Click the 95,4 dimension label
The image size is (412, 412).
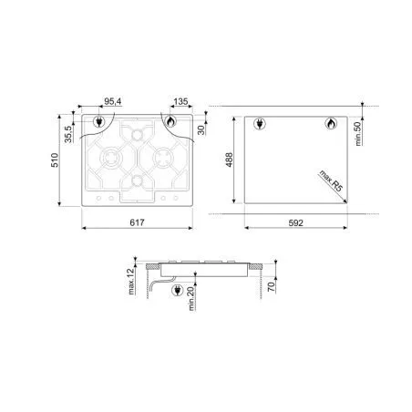(113, 101)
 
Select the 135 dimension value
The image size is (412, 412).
(181, 101)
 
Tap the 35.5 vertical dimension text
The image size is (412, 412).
(68, 134)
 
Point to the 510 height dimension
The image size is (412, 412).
(55, 160)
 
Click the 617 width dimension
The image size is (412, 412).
(137, 222)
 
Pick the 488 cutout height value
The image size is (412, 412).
(229, 160)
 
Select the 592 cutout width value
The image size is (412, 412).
(295, 223)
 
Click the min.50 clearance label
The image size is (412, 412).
(358, 134)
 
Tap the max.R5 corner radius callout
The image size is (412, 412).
(331, 180)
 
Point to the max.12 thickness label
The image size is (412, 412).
(131, 282)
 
